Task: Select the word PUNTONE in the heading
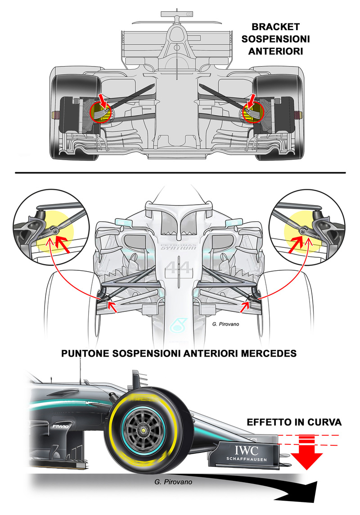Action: point(85,354)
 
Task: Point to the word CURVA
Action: point(326,422)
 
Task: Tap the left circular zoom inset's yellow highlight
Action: point(49,229)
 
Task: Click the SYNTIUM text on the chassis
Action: point(178,248)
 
